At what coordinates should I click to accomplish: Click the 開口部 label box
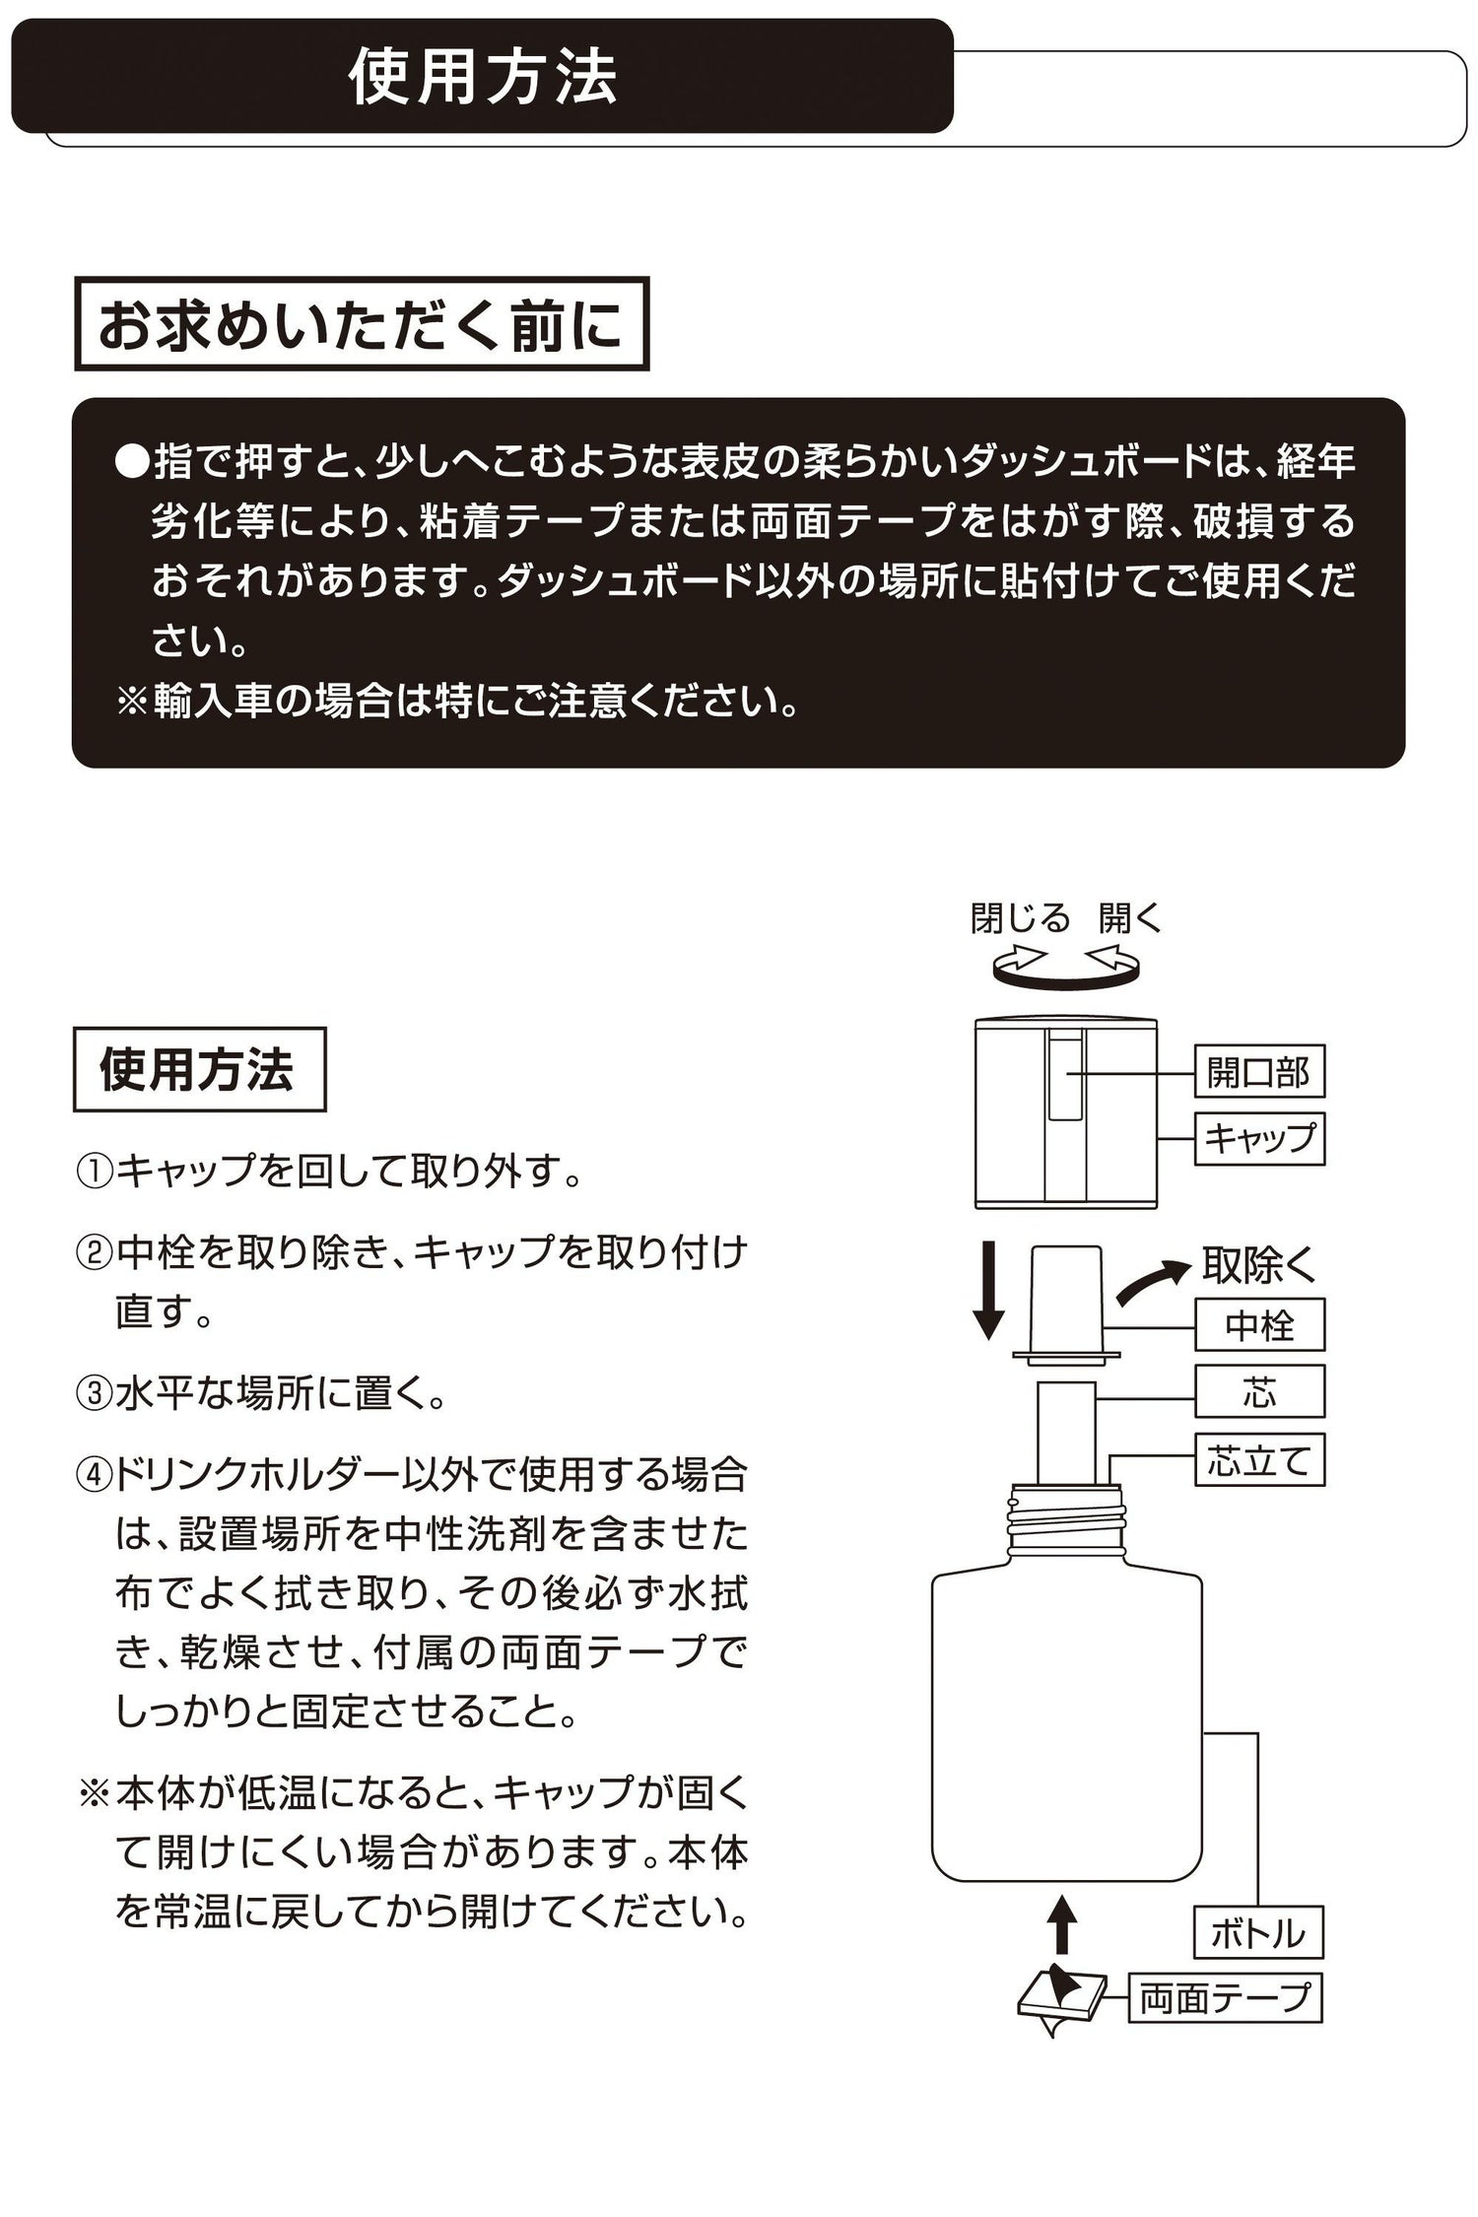[1258, 1071]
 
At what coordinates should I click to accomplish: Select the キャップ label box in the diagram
[1258, 1139]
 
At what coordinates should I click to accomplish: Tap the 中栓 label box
[1258, 1325]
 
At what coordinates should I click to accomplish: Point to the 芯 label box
[1258, 1392]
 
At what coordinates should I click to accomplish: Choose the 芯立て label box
[1258, 1459]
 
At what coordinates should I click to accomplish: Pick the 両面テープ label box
[1224, 1998]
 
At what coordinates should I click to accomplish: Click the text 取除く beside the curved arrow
[1259, 1266]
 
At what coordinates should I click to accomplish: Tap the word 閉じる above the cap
[1020, 918]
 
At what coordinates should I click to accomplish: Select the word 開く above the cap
[1131, 918]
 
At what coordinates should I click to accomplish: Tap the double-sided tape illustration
[1060, 1996]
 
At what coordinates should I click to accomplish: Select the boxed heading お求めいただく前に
[362, 324]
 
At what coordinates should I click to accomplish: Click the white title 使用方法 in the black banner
[483, 77]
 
